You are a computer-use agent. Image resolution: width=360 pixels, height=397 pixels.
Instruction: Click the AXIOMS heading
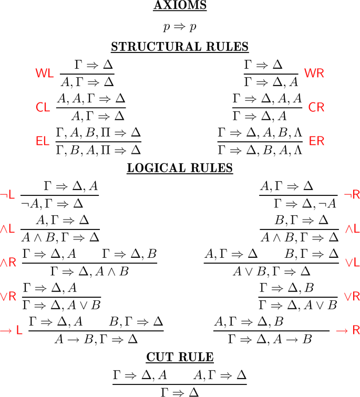pyautogui.click(x=180, y=6)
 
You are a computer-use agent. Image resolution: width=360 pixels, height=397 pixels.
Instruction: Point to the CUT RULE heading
pyautogui.click(x=180, y=358)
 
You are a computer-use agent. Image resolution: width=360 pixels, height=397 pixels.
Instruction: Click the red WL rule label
pyautogui.click(x=45, y=74)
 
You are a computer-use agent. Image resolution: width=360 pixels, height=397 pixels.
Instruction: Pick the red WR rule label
pyautogui.click(x=314, y=73)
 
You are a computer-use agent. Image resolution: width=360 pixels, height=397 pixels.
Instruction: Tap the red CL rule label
pyautogui.click(x=43, y=107)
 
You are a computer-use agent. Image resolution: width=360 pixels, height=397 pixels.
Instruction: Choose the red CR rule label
pyautogui.click(x=316, y=107)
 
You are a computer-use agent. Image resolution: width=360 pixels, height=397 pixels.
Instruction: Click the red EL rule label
pyautogui.click(x=42, y=141)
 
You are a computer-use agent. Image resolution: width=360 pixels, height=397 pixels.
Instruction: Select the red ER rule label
pyautogui.click(x=317, y=141)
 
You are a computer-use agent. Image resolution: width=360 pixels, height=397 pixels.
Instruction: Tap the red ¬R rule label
pyautogui.click(x=352, y=195)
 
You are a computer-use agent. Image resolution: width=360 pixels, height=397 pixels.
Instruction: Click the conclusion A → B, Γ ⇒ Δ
pyautogui.click(x=109, y=339)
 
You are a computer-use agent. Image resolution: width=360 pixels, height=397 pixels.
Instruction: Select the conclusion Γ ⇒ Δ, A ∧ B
pyautogui.click(x=89, y=271)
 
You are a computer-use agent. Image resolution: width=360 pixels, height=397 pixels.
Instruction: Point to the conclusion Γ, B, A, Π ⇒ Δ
pyautogui.click(x=98, y=150)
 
